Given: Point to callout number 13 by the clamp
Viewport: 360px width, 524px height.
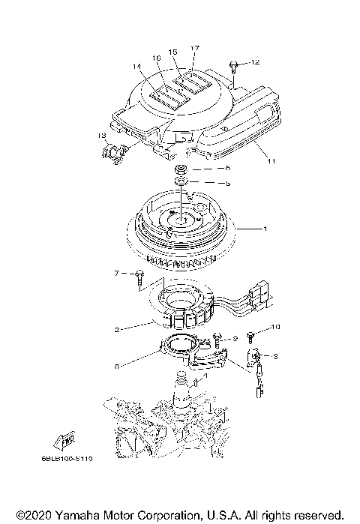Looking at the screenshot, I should (101, 135).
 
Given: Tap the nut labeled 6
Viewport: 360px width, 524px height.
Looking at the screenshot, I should (180, 169).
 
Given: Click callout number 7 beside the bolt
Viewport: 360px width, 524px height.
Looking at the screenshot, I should (117, 273).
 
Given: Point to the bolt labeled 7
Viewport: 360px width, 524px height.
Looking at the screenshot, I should (139, 277).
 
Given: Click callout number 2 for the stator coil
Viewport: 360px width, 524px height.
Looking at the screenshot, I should (116, 329).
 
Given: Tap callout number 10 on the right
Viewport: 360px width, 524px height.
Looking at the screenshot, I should (274, 327).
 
